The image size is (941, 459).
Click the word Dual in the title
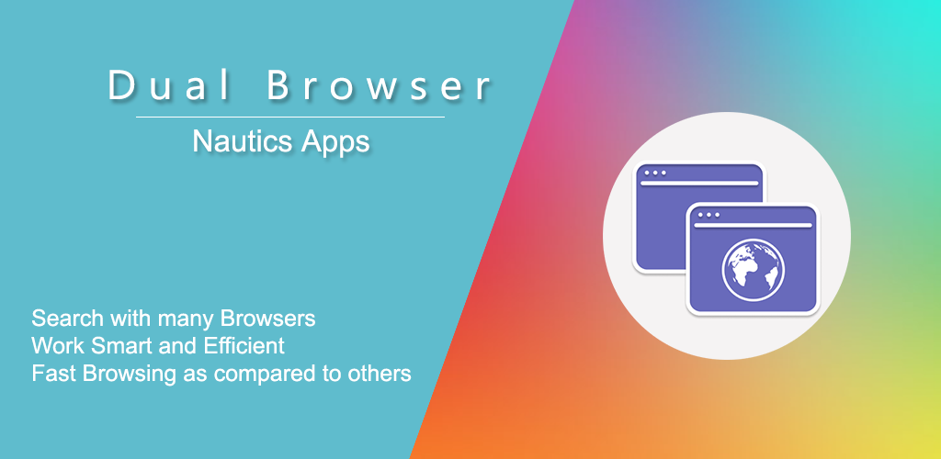[x=169, y=85]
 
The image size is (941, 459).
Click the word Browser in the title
[x=379, y=85]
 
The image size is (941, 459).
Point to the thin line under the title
[x=290, y=117]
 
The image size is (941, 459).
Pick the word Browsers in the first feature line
[x=267, y=319]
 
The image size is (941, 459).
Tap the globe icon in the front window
[x=754, y=270]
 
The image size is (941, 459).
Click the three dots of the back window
[x=654, y=173]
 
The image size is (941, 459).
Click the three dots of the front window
[x=709, y=215]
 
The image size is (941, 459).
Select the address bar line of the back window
[x=699, y=184]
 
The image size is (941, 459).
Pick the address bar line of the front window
[x=754, y=225]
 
